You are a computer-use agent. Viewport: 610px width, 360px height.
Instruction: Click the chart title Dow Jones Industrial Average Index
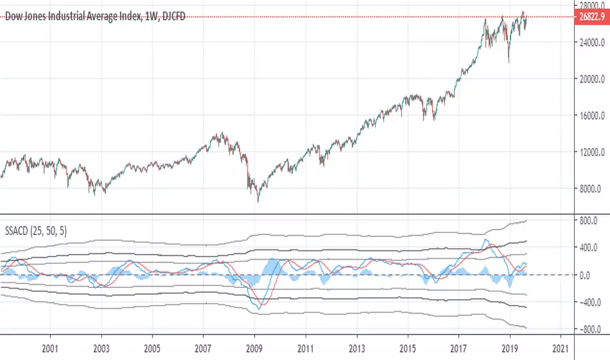point(73,18)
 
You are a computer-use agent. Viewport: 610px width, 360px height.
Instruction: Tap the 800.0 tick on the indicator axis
point(589,221)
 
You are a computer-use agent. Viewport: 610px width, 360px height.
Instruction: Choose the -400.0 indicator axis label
point(589,302)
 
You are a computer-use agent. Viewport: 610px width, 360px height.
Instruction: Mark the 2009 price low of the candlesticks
point(257,202)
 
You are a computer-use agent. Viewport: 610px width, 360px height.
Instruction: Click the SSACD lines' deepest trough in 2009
point(260,308)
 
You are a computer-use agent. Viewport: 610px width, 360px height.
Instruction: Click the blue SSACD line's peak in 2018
point(485,240)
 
